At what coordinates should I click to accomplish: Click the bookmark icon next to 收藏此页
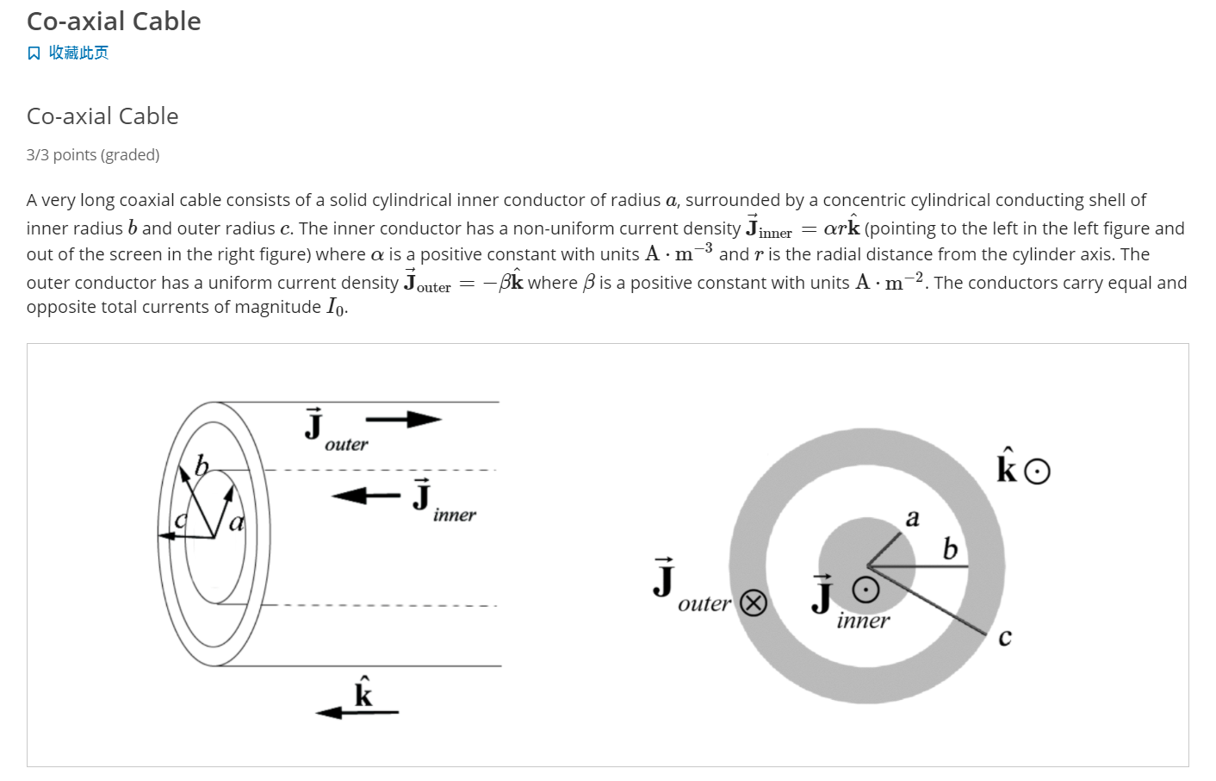[x=34, y=53]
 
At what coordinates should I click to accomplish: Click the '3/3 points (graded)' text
[x=93, y=155]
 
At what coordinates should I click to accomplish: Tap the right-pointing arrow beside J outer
[x=403, y=420]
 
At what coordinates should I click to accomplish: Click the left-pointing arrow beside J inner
[x=365, y=496]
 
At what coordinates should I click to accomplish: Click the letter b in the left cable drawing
[x=202, y=467]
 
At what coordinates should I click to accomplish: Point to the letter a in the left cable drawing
[x=237, y=522]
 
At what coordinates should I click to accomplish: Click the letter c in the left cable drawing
[x=180, y=521]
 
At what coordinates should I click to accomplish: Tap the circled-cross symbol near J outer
[x=754, y=603]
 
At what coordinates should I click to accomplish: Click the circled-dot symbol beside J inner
[x=865, y=590]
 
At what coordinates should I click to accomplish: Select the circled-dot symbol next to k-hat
[x=1038, y=472]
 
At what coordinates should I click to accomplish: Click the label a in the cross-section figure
[x=913, y=518]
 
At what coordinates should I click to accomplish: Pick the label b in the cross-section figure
[x=950, y=549]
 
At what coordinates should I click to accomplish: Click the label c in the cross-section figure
[x=1004, y=639]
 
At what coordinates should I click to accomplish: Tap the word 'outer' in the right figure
[x=704, y=604]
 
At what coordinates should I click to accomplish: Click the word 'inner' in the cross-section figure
[x=863, y=621]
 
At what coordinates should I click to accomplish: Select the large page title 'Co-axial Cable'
[x=114, y=22]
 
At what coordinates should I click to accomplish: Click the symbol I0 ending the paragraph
[x=336, y=308]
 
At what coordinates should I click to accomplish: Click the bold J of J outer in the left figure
[x=314, y=425]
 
